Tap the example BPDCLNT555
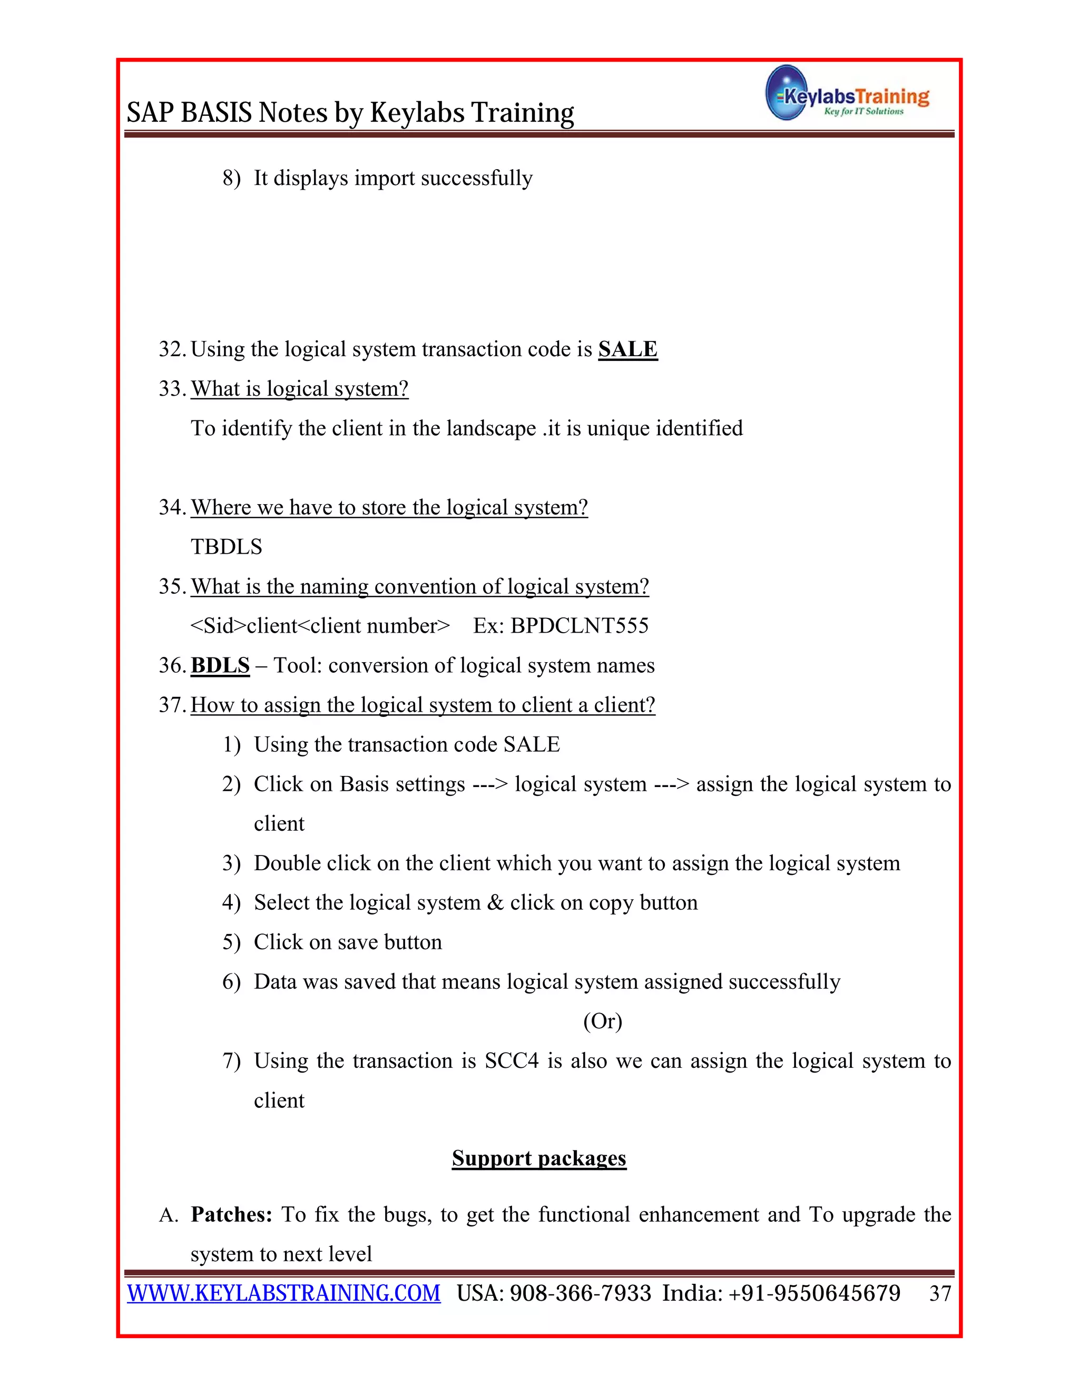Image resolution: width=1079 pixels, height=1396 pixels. (x=579, y=626)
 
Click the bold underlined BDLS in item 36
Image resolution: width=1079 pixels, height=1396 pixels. (x=220, y=665)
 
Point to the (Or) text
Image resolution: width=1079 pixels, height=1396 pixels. (x=602, y=1021)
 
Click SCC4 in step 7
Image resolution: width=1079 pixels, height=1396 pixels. (x=512, y=1060)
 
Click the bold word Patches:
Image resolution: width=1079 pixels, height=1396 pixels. (x=231, y=1214)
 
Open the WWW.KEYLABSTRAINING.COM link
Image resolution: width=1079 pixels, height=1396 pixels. (x=284, y=1293)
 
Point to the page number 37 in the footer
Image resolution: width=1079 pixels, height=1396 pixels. (x=940, y=1294)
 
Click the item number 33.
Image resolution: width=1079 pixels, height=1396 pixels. (x=171, y=389)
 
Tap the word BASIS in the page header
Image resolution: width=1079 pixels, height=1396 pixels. (x=217, y=113)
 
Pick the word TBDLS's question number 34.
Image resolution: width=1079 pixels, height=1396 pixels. (x=171, y=507)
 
